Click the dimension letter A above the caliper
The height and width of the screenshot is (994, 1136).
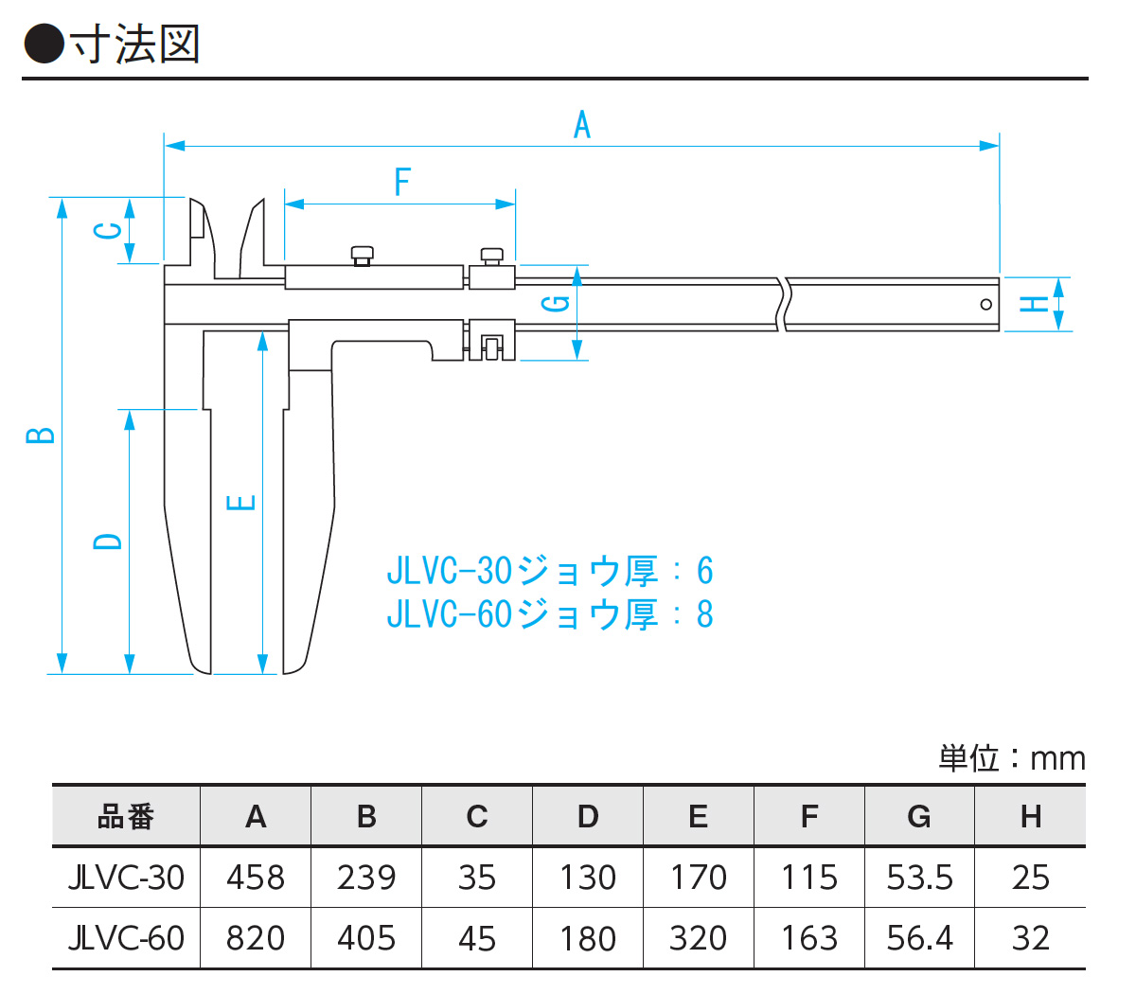(581, 124)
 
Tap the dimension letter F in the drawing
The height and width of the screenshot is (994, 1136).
(402, 181)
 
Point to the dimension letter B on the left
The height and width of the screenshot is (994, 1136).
(40, 435)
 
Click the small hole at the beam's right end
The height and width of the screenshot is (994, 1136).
(985, 304)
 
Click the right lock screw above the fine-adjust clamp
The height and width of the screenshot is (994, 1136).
(491, 255)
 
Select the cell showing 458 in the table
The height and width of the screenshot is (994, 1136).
(256, 878)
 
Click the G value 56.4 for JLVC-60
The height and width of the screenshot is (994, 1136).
(919, 938)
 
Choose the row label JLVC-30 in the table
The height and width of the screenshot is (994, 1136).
(126, 878)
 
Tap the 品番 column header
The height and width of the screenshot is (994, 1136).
(126, 816)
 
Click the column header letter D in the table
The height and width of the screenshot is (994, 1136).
(588, 816)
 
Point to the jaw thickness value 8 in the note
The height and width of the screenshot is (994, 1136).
(704, 614)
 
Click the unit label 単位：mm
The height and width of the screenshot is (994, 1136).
(1011, 757)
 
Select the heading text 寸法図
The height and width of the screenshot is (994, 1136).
(134, 44)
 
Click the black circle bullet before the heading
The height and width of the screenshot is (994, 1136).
(44, 44)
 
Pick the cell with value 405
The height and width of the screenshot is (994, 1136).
(366, 938)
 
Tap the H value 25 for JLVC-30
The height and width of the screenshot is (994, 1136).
(1030, 878)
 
